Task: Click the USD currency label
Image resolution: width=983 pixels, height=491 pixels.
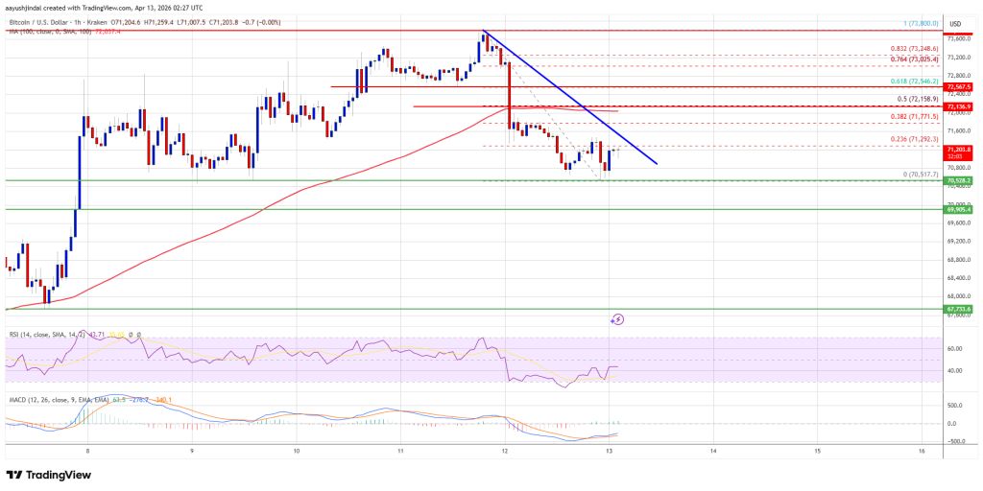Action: [x=954, y=23]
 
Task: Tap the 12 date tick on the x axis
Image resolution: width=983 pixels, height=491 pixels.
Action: [x=506, y=450]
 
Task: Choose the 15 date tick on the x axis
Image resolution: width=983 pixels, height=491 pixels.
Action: [x=817, y=450]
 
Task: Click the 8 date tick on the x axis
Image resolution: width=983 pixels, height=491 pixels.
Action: [x=87, y=450]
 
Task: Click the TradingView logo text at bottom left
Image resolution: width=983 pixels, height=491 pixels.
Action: [x=58, y=475]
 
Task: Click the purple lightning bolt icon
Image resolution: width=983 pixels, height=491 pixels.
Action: [x=618, y=318]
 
